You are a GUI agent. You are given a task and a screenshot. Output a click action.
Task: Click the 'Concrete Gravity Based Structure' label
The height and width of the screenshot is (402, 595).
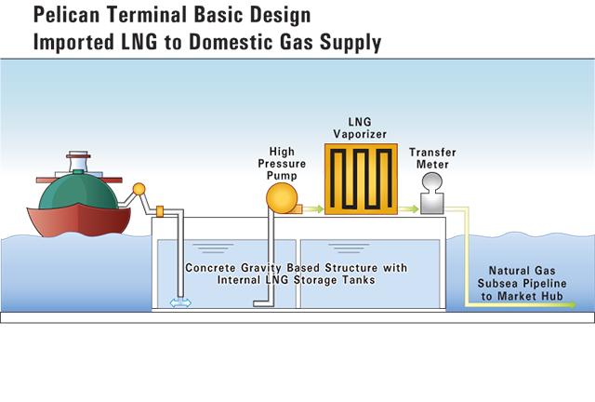point(296,268)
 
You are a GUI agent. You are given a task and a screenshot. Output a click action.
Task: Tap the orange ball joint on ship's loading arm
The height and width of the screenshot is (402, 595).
point(139,190)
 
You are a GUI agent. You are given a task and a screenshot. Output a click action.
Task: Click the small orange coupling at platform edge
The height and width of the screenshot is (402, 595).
point(159,211)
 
